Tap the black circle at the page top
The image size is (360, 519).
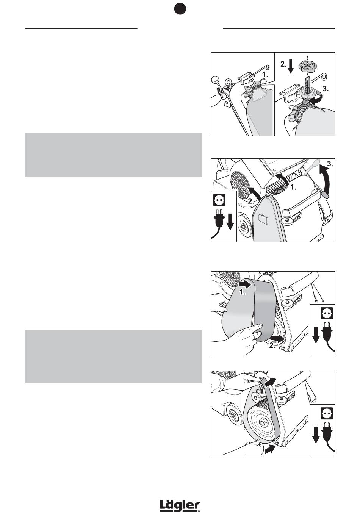(x=180, y=9)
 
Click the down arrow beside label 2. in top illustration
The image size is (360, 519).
(x=291, y=66)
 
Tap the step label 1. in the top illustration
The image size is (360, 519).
(x=265, y=75)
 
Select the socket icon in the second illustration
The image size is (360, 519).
(x=219, y=200)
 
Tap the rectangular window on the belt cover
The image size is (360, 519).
(x=263, y=219)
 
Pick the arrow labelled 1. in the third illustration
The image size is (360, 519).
(x=245, y=284)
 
